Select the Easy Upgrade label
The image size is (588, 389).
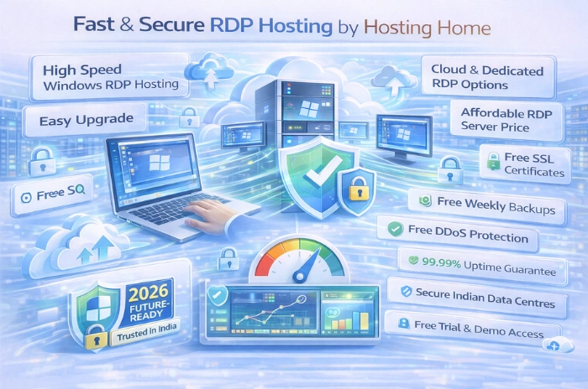coord(77,121)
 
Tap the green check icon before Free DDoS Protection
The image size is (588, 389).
coord(391,227)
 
